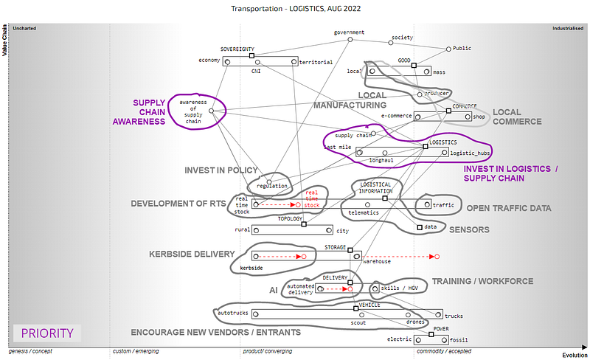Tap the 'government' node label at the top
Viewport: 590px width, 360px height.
click(349, 32)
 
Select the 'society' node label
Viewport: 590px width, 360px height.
click(402, 37)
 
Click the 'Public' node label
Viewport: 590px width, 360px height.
click(462, 49)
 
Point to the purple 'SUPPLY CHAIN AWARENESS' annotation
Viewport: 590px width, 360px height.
click(139, 112)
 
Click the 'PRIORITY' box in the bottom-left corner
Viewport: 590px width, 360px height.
click(47, 333)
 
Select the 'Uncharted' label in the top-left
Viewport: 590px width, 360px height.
click(25, 28)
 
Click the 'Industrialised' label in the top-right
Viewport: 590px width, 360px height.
click(568, 28)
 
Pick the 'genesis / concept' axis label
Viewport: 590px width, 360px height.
click(31, 351)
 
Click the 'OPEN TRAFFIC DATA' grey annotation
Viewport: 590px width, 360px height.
click(509, 208)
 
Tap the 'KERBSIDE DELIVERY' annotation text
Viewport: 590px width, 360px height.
click(192, 254)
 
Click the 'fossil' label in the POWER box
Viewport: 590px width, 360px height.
click(459, 340)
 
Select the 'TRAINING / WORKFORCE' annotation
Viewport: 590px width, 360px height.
click(482, 281)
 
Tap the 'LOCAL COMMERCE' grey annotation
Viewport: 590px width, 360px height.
click(517, 117)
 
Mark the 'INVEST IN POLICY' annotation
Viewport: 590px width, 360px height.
click(221, 170)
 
